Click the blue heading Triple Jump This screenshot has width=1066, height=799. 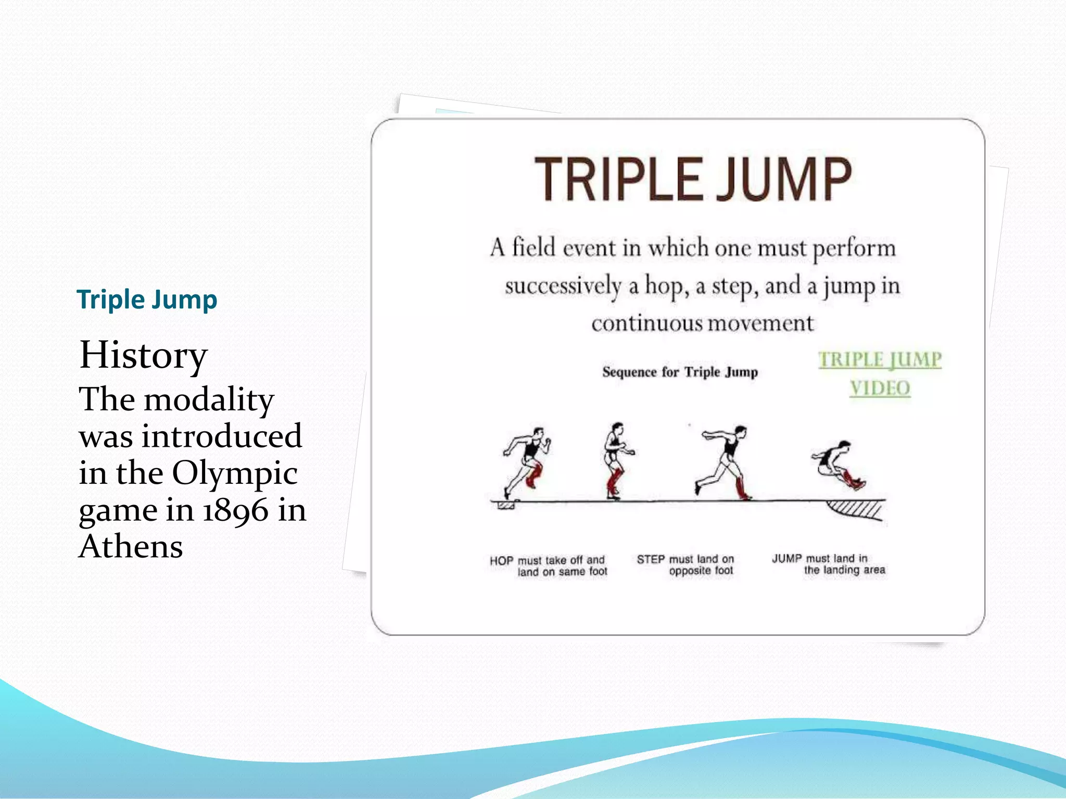click(147, 300)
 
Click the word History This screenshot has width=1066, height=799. click(143, 355)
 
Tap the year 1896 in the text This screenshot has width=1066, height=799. click(235, 510)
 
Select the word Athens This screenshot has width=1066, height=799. click(131, 547)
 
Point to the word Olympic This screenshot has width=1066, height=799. click(235, 473)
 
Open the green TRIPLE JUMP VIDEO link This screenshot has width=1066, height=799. click(880, 373)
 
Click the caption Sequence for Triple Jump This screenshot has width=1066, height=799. click(680, 372)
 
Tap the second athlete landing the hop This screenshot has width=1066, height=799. click(616, 460)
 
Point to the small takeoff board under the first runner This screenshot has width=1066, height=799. click(506, 505)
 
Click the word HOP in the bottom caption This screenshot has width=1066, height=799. click(501, 561)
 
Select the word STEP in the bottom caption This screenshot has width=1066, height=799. click(651, 560)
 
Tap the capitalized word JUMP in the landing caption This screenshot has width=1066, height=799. click(786, 559)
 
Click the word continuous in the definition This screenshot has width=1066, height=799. click(647, 324)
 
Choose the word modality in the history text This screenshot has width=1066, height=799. click(209, 400)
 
